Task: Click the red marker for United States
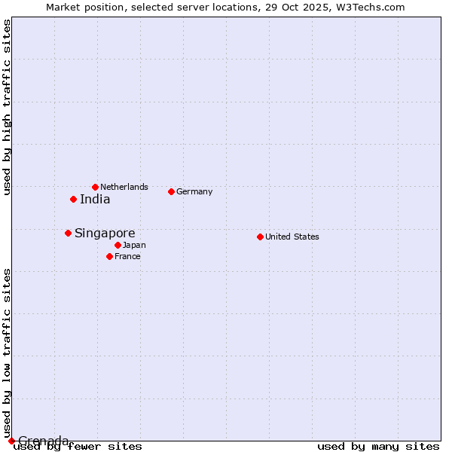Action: (x=260, y=237)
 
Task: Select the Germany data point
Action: (x=171, y=191)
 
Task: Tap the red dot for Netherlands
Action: (x=95, y=187)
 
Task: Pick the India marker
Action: (x=73, y=199)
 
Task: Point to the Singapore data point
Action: (x=68, y=233)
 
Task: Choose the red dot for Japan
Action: (x=118, y=245)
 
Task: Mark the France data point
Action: (x=109, y=256)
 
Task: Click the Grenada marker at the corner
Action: (x=11, y=441)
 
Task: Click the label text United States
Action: (x=292, y=237)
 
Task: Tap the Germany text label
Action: (x=194, y=191)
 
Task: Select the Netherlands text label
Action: (x=124, y=187)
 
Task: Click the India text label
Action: (x=95, y=200)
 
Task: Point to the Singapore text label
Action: (x=105, y=234)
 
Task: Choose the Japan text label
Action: (x=134, y=245)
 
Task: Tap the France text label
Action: (x=127, y=256)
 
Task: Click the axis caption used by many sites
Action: (x=378, y=446)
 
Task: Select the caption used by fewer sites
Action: (x=78, y=446)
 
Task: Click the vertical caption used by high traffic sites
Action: (x=8, y=107)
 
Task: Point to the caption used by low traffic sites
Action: (x=8, y=353)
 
